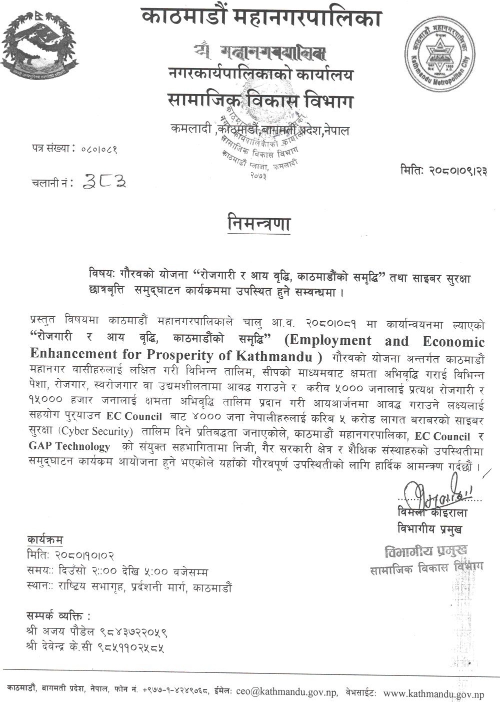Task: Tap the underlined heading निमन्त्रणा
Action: click(257, 223)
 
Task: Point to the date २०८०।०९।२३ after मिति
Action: click(457, 171)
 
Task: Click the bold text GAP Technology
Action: click(69, 446)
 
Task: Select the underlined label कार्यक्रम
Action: click(45, 540)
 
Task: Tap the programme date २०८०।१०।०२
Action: click(85, 555)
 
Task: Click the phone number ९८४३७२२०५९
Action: click(132, 631)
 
